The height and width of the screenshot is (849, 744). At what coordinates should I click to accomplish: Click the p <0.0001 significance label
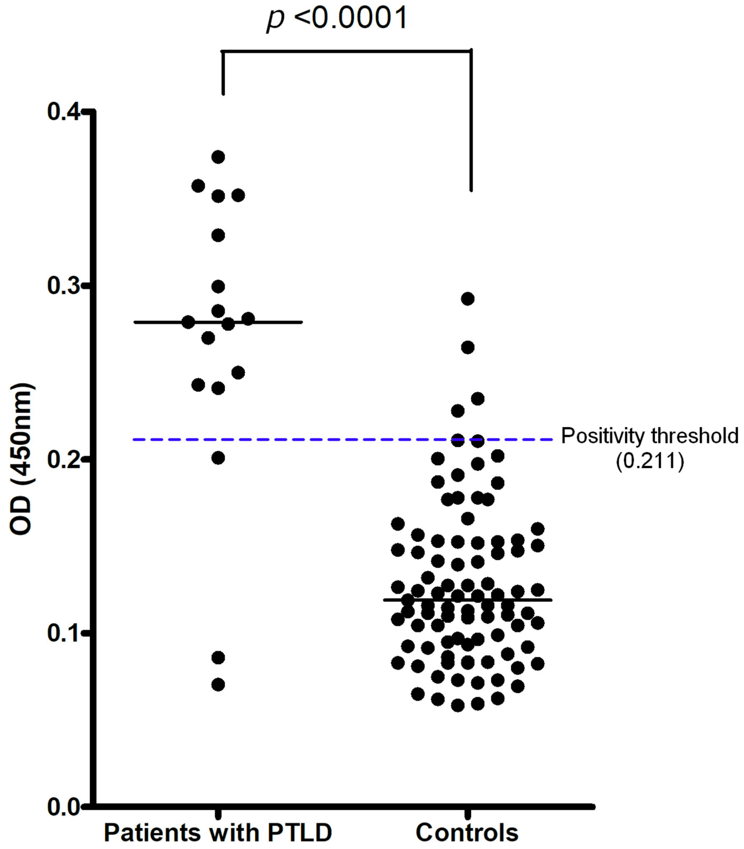[337, 19]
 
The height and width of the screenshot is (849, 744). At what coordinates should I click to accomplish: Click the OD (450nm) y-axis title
[21, 460]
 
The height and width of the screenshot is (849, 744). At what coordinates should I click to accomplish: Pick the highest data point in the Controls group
[468, 299]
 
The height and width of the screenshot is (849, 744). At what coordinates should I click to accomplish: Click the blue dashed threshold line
[290, 439]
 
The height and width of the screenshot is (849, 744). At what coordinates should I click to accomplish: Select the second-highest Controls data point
[468, 347]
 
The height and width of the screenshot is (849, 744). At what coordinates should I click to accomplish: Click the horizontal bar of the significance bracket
[347, 51]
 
